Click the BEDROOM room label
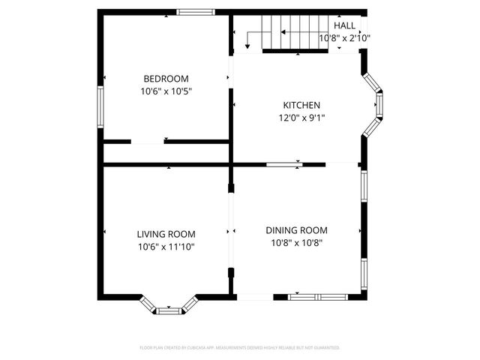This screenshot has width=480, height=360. click(166, 79)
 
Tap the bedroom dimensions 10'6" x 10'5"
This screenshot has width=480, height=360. click(166, 91)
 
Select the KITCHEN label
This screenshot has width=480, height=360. click(301, 105)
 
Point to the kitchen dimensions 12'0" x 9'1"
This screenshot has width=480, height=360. click(301, 118)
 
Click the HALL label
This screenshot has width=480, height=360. click(344, 25)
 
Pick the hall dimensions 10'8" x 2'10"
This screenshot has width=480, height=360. click(345, 38)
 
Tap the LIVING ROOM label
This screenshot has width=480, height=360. click(166, 233)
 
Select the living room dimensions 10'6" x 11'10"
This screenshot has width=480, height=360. click(166, 247)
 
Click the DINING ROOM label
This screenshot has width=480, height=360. click(296, 230)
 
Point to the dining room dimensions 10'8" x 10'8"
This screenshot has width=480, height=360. click(296, 243)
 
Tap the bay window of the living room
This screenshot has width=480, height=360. click(169, 306)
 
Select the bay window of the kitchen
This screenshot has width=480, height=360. click(375, 105)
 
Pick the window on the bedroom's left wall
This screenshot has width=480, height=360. click(100, 106)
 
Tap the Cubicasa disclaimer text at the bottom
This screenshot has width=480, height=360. click(240, 348)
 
